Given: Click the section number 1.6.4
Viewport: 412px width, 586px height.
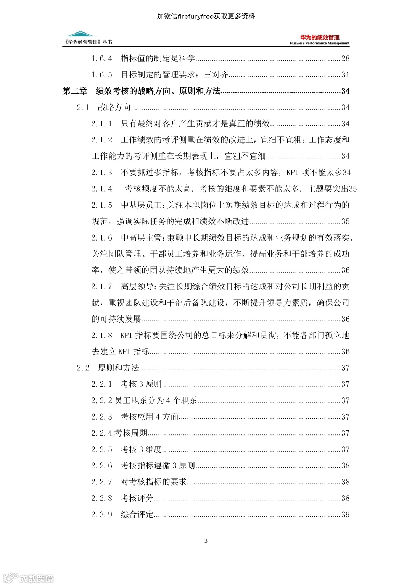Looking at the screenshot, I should tap(101, 58).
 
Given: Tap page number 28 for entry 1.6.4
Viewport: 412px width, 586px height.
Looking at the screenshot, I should tap(345, 58).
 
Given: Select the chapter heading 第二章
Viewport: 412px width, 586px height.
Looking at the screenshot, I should tap(75, 91).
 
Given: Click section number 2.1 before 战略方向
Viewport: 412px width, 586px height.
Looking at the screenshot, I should tap(83, 107).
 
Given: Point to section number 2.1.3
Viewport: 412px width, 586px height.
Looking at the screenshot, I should tap(101, 173).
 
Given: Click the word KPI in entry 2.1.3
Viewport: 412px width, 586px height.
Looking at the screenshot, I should tap(292, 173).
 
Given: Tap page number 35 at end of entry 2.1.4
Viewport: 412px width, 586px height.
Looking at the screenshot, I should tap(353, 189).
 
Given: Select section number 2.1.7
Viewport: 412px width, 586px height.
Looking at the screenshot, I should tap(101, 286).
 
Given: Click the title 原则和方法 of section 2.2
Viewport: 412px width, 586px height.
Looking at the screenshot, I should tap(119, 368).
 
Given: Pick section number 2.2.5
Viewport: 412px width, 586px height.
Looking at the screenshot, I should tap(101, 449).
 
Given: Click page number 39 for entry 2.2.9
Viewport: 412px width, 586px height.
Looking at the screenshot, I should tap(345, 514).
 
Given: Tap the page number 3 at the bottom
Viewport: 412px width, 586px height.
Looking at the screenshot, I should tap(206, 541).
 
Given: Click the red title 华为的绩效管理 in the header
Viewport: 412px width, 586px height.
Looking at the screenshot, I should tap(320, 37).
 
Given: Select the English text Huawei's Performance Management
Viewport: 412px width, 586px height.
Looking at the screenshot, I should tap(320, 44).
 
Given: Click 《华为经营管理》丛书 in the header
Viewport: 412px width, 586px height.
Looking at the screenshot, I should tap(89, 42).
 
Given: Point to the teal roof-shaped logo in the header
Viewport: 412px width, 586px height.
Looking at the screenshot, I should tap(80, 34).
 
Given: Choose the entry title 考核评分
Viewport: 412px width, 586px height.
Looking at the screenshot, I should tap(137, 498).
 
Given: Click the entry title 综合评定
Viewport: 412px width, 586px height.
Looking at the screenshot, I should tap(137, 514).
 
